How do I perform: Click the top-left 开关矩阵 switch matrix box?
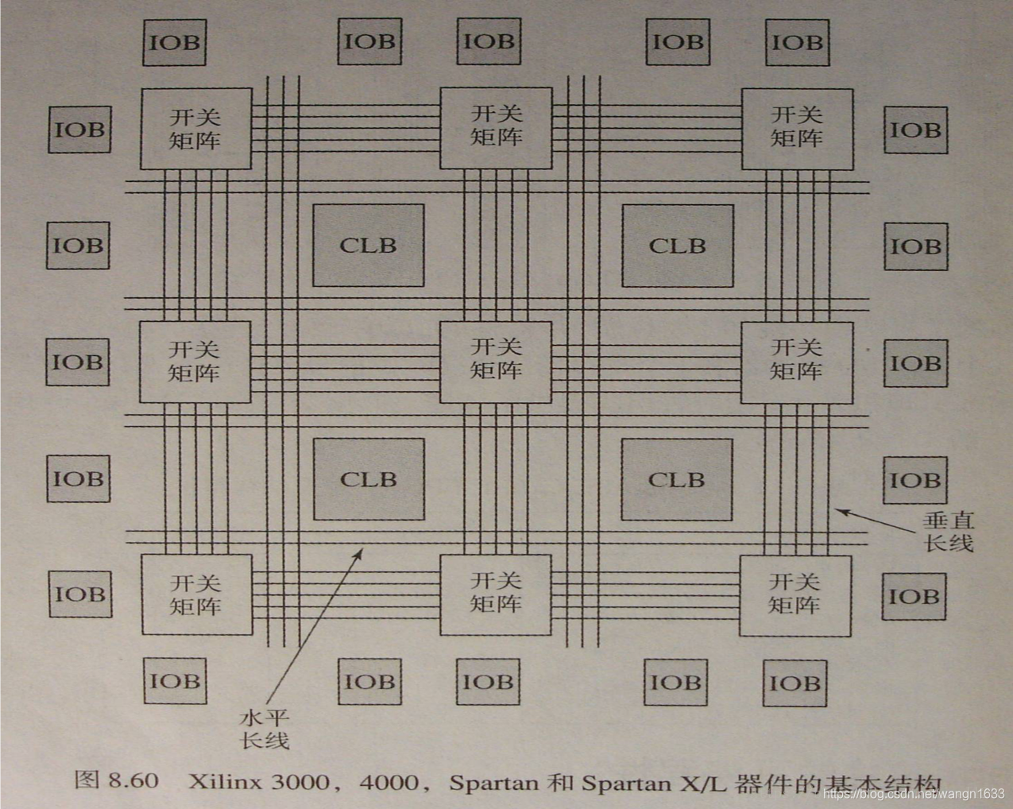[x=195, y=128]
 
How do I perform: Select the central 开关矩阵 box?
[x=496, y=362]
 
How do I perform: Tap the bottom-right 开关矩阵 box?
[x=795, y=595]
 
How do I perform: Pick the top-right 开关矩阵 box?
[x=797, y=128]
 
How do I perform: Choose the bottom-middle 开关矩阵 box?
[x=496, y=594]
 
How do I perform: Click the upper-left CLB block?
[x=368, y=246]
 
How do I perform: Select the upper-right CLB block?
[x=677, y=246]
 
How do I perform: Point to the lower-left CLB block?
[x=368, y=479]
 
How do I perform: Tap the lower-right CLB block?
[x=676, y=479]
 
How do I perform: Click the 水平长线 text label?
[x=265, y=730]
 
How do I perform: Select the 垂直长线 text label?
[x=948, y=532]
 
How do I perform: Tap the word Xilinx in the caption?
[x=226, y=782]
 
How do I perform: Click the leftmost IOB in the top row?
[x=175, y=42]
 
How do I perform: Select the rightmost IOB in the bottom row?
[x=795, y=682]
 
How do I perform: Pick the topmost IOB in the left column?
[x=79, y=129]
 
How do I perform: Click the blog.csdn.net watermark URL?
[x=914, y=793]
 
